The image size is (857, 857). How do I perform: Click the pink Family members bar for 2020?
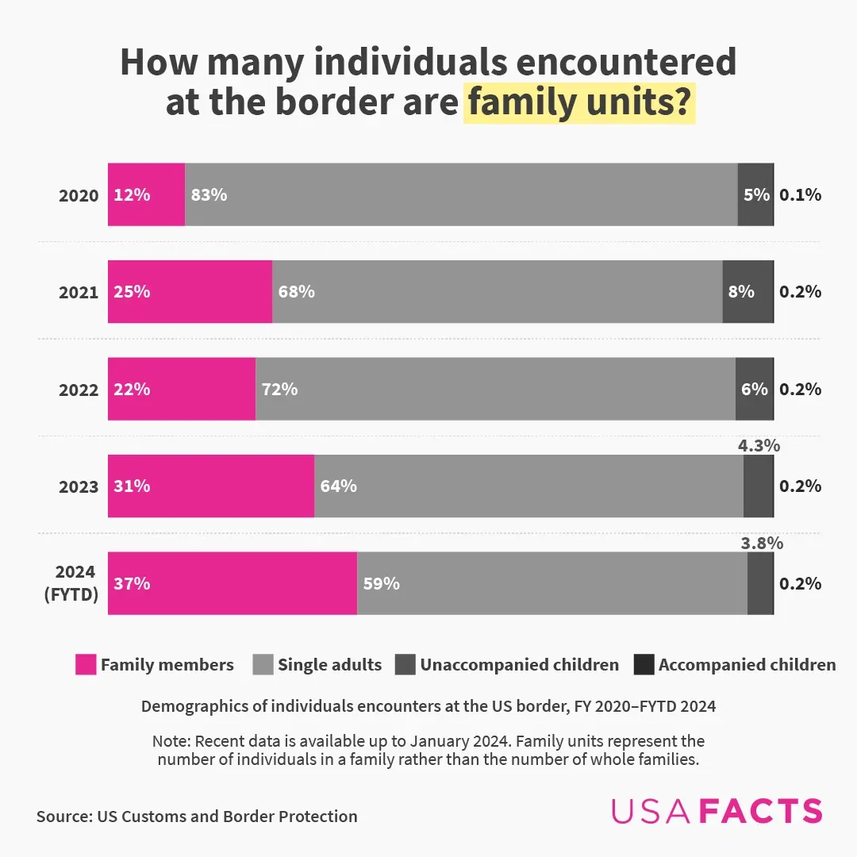coord(147,194)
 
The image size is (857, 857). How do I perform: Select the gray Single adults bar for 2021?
coord(497,291)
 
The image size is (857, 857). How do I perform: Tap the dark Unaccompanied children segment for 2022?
coord(754,389)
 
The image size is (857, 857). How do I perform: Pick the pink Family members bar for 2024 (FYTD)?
coord(233,583)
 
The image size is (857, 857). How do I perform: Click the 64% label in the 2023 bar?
coord(338,486)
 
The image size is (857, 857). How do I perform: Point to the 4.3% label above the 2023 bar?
coord(759,446)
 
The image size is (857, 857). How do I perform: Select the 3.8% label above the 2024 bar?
coord(762,544)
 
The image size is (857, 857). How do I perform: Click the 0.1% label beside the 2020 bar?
coord(800,194)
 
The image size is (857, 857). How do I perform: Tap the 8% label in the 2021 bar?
coord(741,291)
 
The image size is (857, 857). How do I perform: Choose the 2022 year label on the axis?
coord(79,390)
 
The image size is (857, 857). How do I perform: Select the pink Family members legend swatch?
coord(86,665)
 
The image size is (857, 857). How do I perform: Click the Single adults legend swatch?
coord(263,665)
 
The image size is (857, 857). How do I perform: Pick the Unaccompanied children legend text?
coord(519,665)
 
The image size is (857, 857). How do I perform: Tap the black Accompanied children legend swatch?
coord(644,665)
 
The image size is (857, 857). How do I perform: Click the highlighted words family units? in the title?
coord(579,105)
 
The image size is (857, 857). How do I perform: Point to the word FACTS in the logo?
coord(763,811)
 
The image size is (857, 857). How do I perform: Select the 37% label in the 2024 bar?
coord(132,583)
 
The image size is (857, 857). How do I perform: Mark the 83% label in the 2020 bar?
coord(209,194)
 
